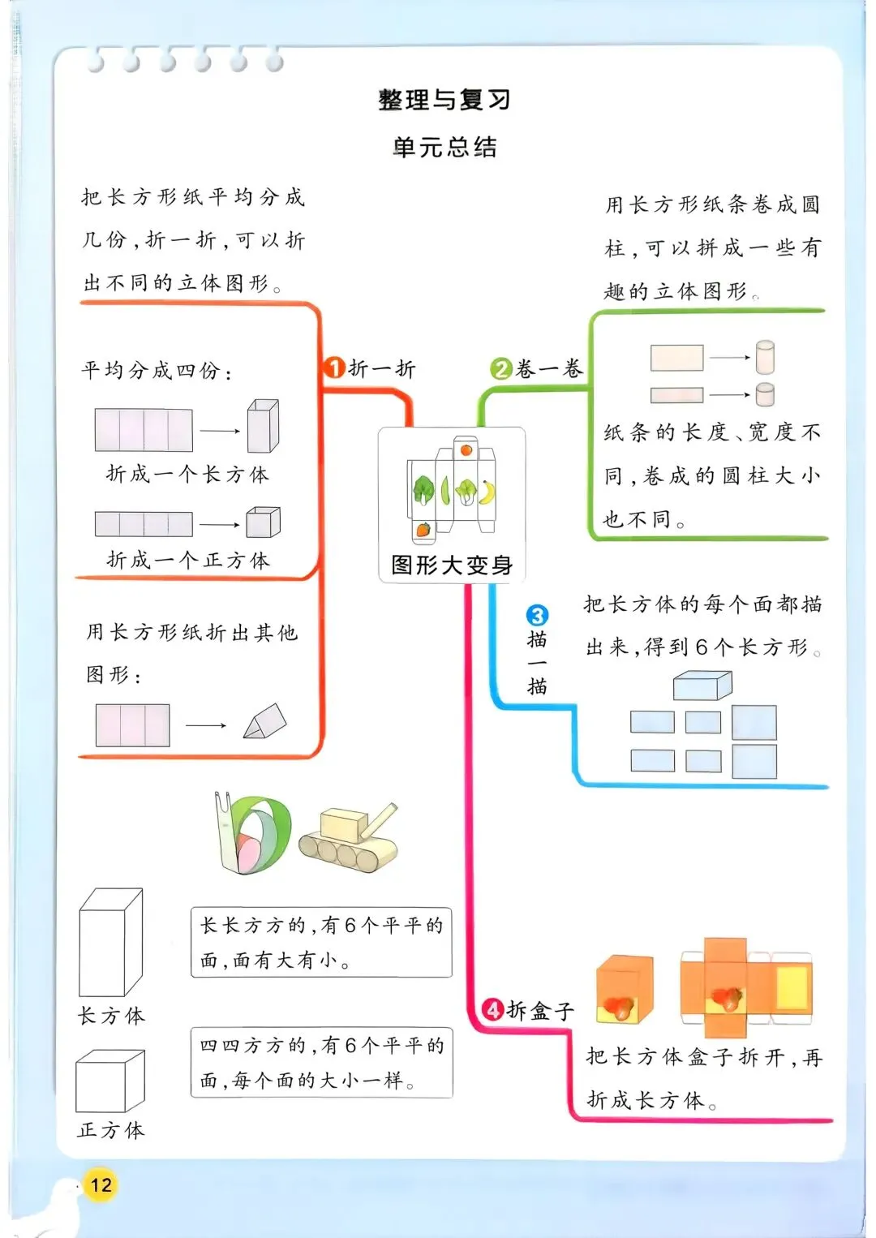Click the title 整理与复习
[x=444, y=100]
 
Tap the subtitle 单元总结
[x=444, y=147]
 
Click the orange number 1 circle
[x=334, y=368]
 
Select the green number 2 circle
[x=501, y=369]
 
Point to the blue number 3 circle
[x=537, y=615]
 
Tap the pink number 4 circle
[x=493, y=1010]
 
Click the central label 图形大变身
[x=452, y=565]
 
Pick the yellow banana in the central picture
[x=487, y=492]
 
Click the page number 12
[x=101, y=1185]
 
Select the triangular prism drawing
[x=265, y=721]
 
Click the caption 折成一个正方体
[x=188, y=560]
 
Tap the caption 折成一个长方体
[x=187, y=474]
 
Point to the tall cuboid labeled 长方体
[x=110, y=943]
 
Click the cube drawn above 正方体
[x=110, y=1081]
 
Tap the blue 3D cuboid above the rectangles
[x=702, y=686]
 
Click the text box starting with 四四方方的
[x=321, y=1063]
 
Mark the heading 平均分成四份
[x=157, y=371]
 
